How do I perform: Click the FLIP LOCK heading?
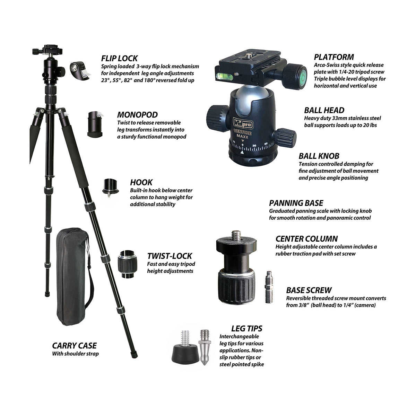(119, 58)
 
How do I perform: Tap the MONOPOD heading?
(137, 115)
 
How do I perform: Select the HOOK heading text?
(141, 182)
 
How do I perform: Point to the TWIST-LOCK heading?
(170, 256)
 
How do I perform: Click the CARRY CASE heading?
(75, 346)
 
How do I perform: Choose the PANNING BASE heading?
(296, 203)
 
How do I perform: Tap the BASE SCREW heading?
(309, 290)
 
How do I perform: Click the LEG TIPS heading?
(247, 328)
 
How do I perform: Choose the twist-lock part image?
(128, 263)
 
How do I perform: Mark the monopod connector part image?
(95, 124)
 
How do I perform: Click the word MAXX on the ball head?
(243, 136)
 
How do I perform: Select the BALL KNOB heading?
(319, 156)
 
